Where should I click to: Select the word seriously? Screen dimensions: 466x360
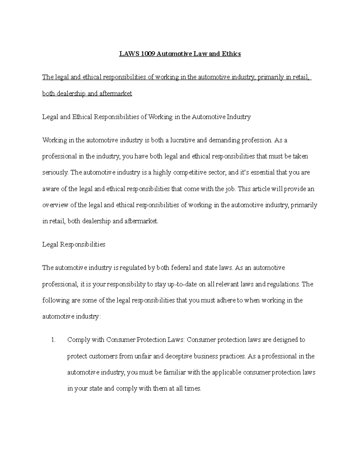(55, 173)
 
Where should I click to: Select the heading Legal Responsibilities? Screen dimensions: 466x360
(74, 245)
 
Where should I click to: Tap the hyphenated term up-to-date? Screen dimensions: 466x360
(182, 284)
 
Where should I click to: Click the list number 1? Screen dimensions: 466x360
(53, 340)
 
